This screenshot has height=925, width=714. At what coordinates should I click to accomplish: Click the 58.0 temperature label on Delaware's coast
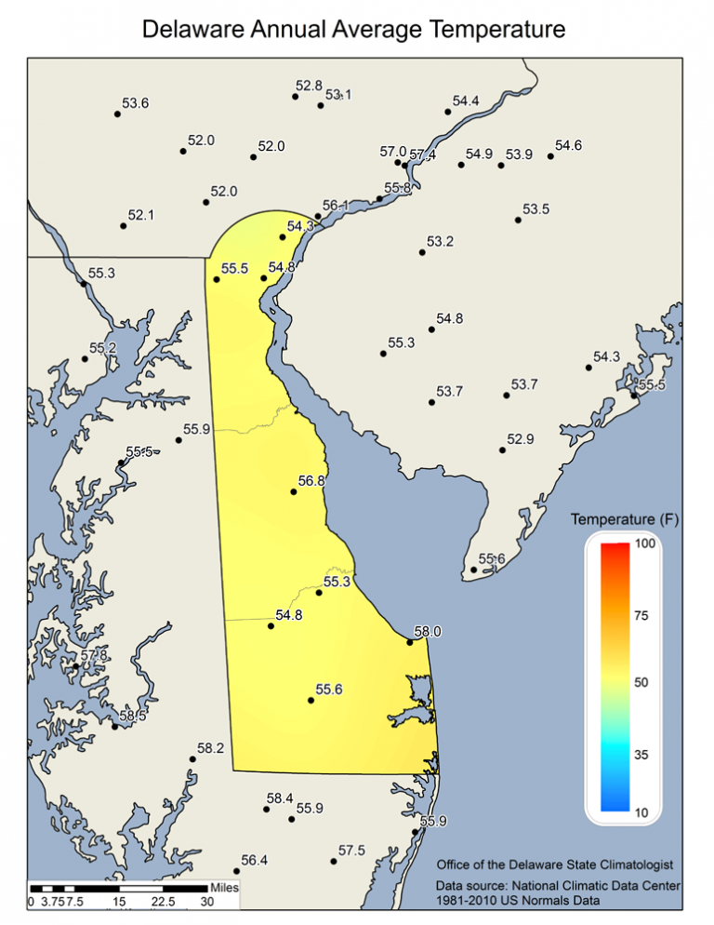(428, 632)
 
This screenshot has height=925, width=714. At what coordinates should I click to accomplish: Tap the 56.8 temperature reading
(311, 482)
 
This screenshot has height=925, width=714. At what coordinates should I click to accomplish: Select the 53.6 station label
(136, 103)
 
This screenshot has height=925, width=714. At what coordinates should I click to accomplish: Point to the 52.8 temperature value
(309, 87)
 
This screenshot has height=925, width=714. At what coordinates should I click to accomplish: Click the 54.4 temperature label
(466, 101)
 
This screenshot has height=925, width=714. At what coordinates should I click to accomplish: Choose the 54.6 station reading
(568, 146)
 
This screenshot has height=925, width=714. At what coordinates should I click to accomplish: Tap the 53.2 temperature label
(440, 243)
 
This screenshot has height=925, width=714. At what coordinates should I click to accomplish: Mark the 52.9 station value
(521, 439)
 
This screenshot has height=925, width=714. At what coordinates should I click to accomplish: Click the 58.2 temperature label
(211, 749)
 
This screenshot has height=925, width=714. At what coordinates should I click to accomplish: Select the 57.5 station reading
(351, 851)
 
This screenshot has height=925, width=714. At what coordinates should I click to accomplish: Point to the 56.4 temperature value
(255, 861)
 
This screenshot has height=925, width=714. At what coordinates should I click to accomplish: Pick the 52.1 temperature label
(141, 215)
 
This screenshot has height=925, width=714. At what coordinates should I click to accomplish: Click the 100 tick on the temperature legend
(643, 543)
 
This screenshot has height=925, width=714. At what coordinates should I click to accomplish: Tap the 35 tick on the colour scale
(641, 756)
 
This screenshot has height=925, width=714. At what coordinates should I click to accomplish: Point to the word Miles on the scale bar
(225, 888)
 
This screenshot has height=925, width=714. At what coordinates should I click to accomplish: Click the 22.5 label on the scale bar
(163, 902)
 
